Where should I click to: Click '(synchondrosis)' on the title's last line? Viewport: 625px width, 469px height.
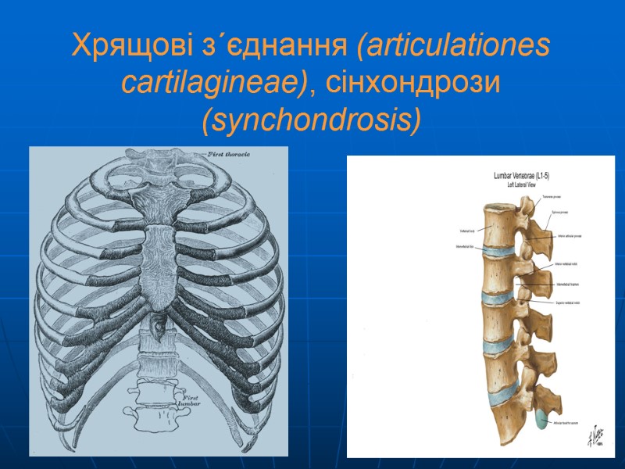(x=312, y=120)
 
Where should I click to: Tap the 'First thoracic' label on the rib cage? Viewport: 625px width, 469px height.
(x=228, y=155)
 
